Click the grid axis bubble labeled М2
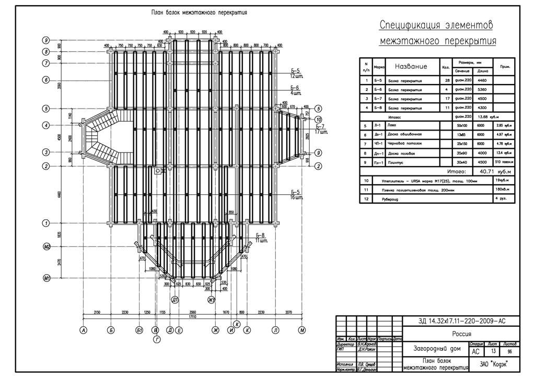[x=46, y=246]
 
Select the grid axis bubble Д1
[x=176, y=300]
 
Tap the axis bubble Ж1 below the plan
[x=212, y=300]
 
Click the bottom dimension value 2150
[x=97, y=312]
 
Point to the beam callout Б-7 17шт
[x=320, y=129]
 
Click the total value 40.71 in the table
[x=483, y=171]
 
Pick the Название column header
[x=411, y=66]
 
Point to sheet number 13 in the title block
[x=492, y=352]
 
